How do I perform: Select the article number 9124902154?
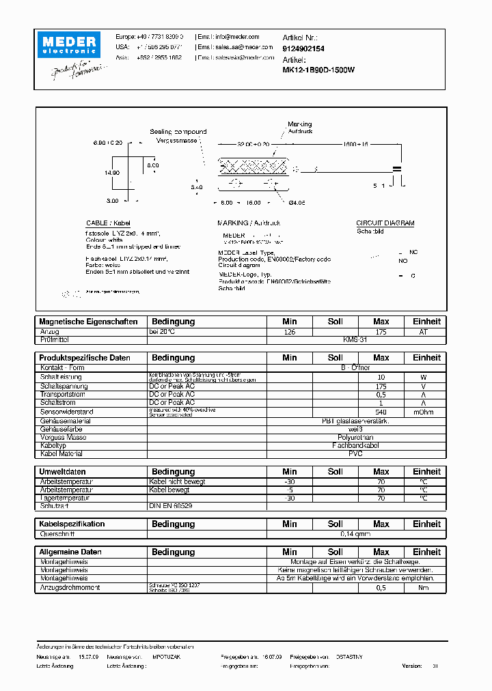click(303, 49)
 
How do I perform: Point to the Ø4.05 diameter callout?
click(297, 202)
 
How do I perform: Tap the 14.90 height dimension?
click(112, 173)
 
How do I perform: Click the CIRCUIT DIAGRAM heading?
click(385, 223)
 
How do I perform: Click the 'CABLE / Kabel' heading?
click(108, 223)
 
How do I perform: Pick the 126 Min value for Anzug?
click(290, 332)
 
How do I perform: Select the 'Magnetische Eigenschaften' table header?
click(89, 322)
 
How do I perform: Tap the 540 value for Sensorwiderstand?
click(381, 412)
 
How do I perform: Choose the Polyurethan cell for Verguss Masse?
click(355, 436)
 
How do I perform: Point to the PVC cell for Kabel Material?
click(355, 453)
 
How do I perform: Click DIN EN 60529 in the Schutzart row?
click(172, 507)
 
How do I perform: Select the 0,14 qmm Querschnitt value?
click(355, 535)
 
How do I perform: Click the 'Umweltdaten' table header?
click(62, 472)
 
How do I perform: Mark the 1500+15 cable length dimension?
click(355, 145)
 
